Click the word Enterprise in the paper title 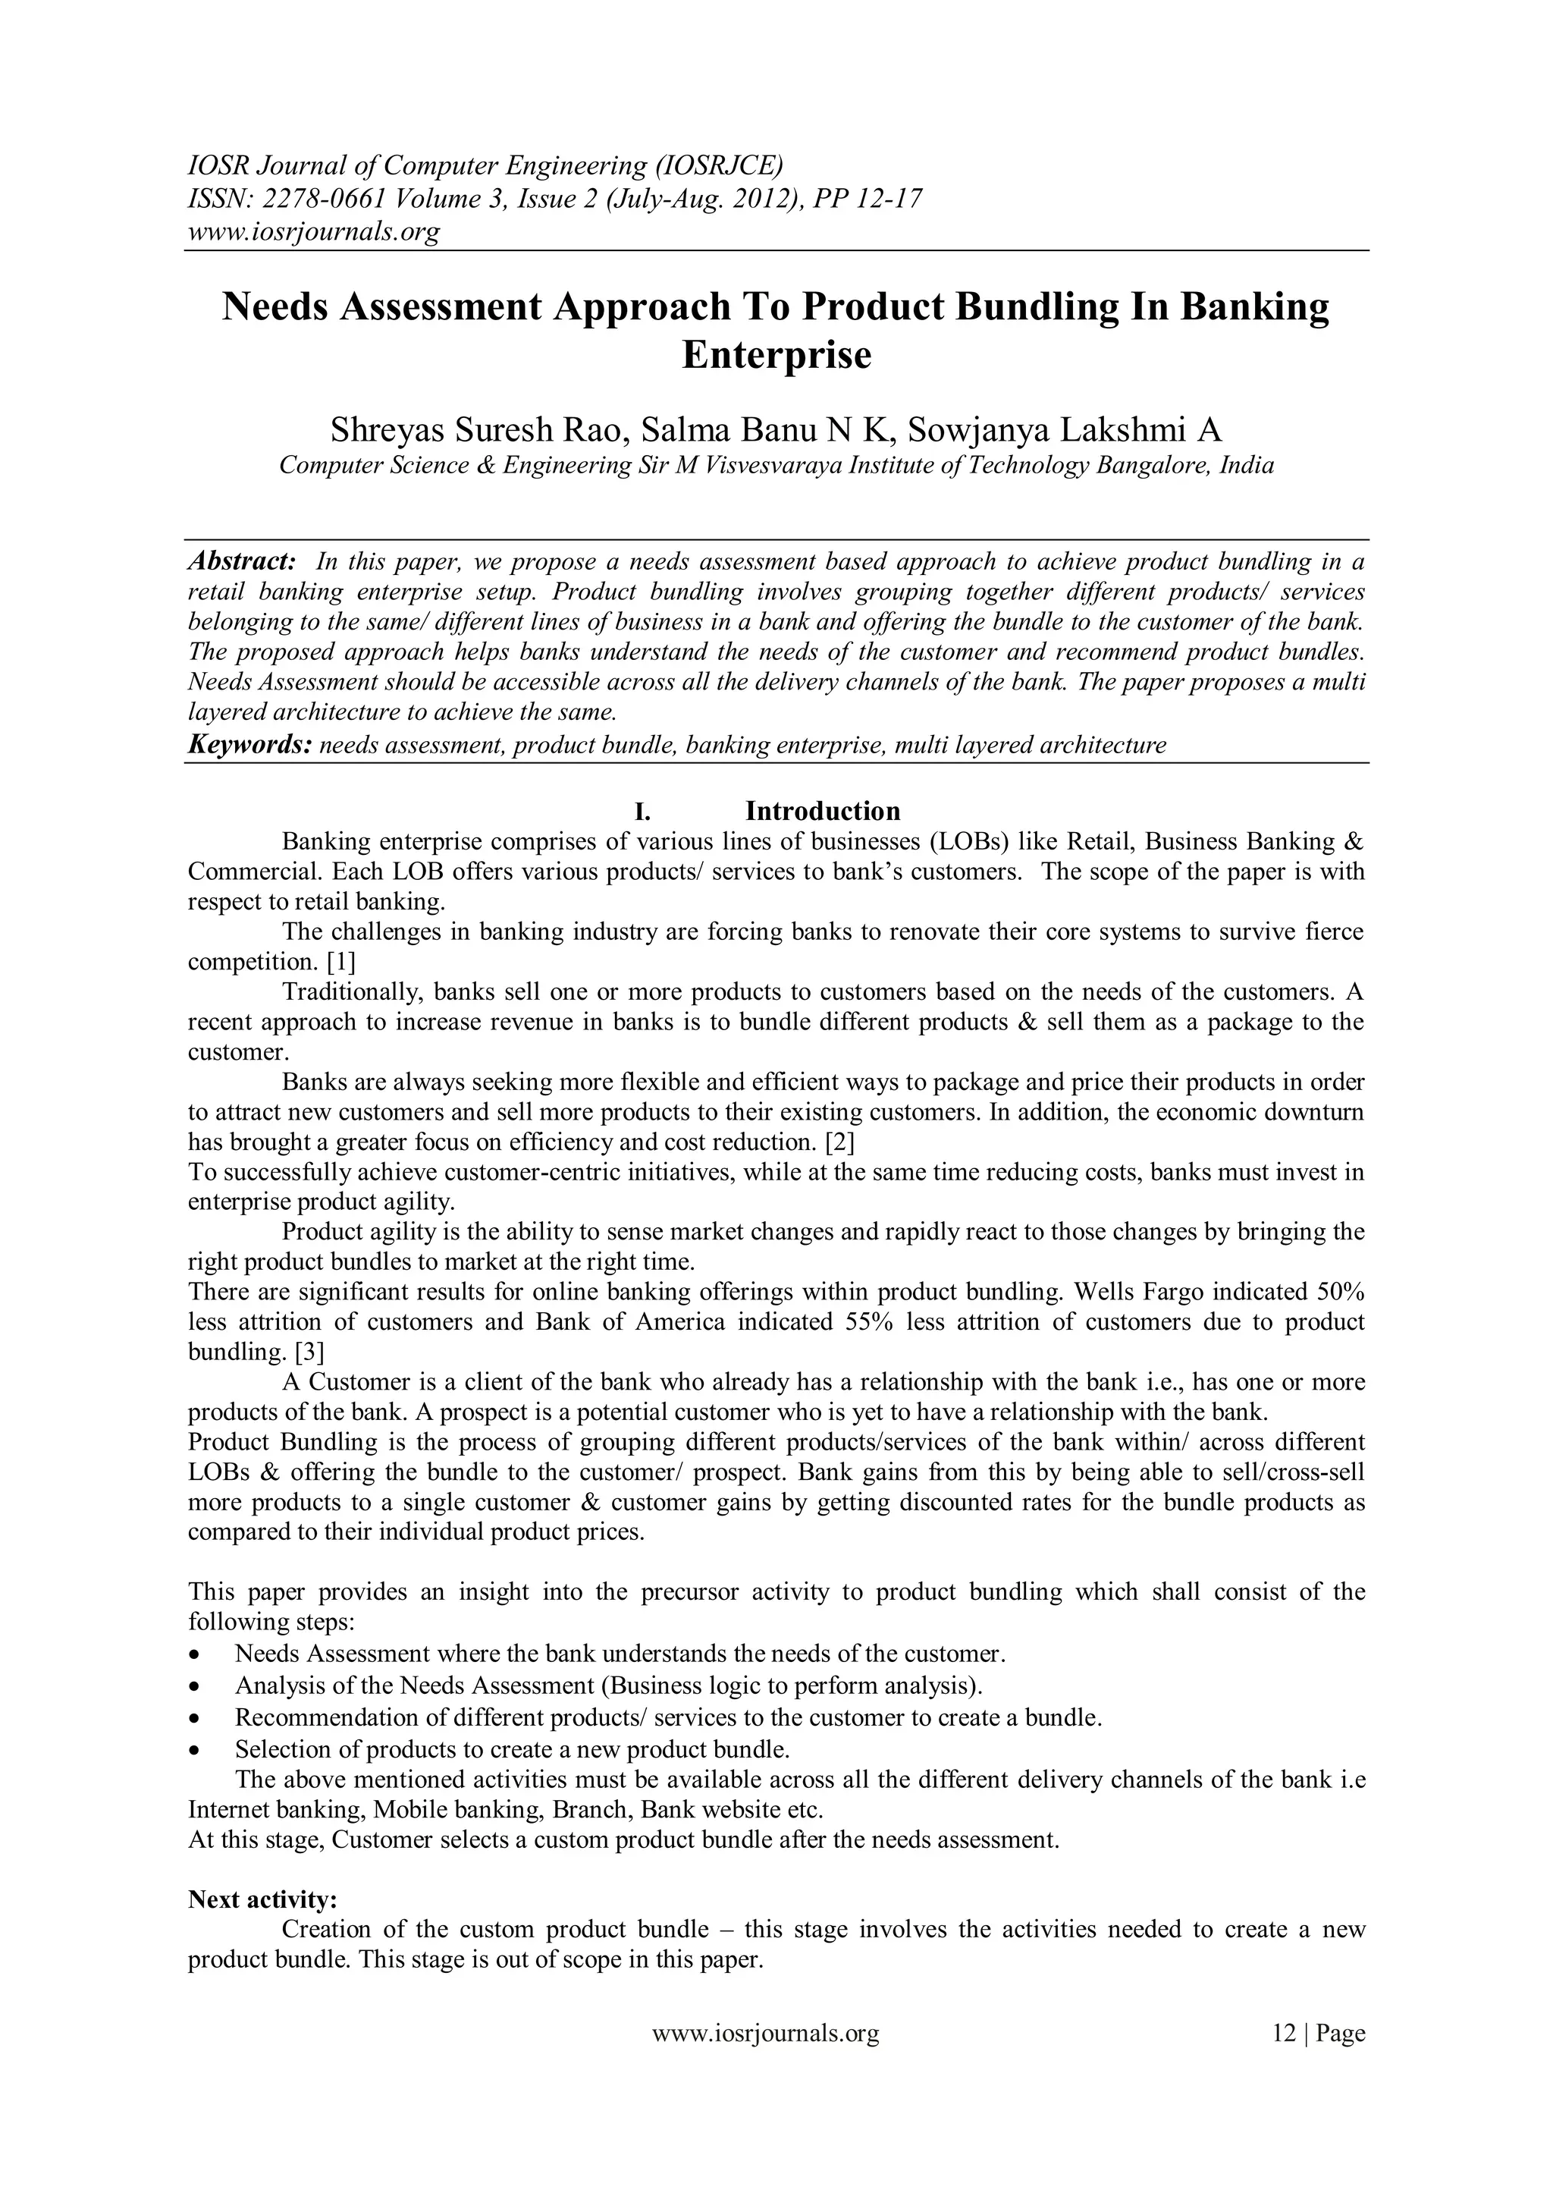[776, 355]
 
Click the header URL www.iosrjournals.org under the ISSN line [312, 231]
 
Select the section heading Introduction [823, 811]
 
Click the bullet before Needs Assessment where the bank [196, 1654]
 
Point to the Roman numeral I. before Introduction [642, 812]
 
